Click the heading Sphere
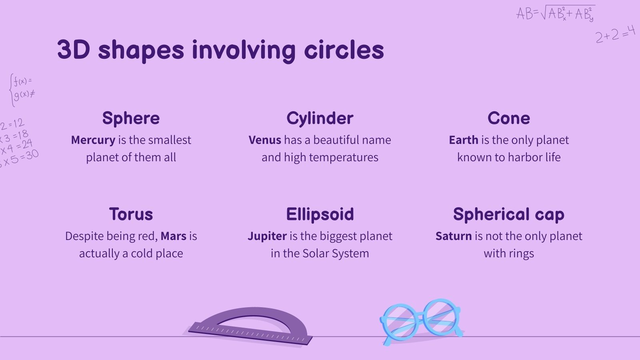[131, 118]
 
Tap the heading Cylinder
[320, 118]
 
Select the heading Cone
[508, 118]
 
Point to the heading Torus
[131, 214]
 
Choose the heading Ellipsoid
[320, 214]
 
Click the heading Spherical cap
[508, 215]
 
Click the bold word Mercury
[93, 140]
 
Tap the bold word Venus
[265, 140]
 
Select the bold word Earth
[464, 140]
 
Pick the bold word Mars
[174, 236]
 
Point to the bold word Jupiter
[267, 236]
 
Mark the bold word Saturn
[454, 236]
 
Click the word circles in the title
[344, 50]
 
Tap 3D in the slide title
[74, 50]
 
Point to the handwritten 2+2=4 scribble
[615, 34]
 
